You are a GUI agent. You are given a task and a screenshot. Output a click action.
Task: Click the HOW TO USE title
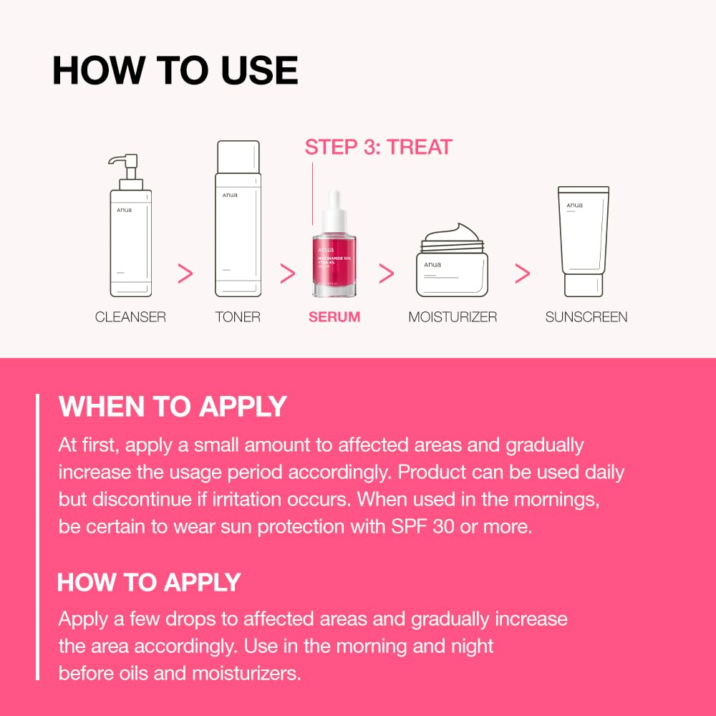[x=175, y=70]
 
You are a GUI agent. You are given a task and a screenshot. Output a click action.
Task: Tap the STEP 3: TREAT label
[x=378, y=147]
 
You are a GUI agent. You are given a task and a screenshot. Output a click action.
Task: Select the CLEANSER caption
[x=130, y=316]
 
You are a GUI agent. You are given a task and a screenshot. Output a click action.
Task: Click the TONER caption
[x=238, y=316]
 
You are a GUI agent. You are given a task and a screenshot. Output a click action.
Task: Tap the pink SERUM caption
[x=334, y=316]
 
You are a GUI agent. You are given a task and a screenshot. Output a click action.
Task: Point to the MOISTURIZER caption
[x=453, y=316]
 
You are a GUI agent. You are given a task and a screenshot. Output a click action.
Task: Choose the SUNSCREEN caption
[x=586, y=316]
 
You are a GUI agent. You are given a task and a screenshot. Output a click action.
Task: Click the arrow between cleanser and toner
[x=185, y=273]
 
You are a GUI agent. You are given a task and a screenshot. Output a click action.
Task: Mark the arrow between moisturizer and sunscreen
[x=523, y=273]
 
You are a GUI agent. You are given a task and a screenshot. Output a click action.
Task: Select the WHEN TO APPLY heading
[x=173, y=407]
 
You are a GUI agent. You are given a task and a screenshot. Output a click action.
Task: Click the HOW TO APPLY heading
[x=149, y=582]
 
